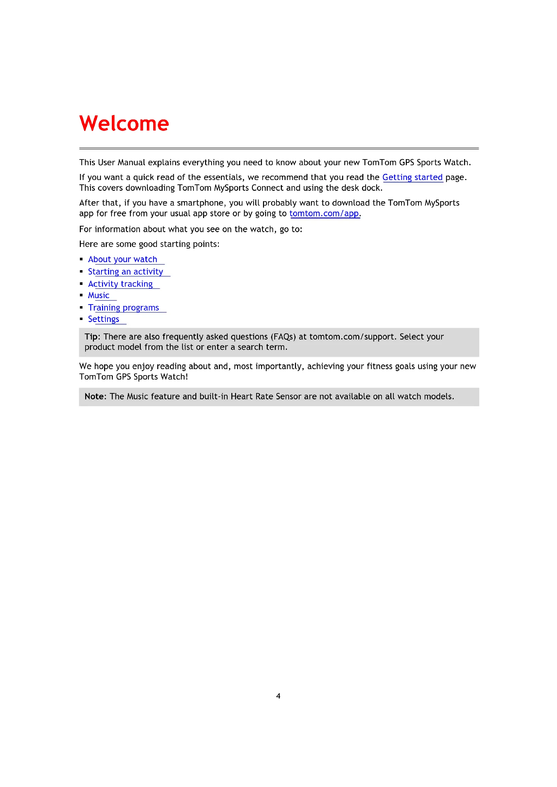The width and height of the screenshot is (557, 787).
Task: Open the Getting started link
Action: click(412, 177)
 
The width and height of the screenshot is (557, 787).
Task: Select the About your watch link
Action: click(123, 259)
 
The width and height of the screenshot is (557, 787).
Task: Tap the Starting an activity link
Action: click(125, 272)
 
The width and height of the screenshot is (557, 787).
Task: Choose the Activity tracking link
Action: click(120, 284)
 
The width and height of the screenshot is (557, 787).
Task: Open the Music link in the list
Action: click(98, 295)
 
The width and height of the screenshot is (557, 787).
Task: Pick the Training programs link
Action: click(123, 308)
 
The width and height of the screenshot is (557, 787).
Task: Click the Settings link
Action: click(103, 319)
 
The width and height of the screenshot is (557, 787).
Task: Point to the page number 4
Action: click(278, 696)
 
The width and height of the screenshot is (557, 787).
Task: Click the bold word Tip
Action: click(91, 336)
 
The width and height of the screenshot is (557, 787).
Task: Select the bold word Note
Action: click(95, 396)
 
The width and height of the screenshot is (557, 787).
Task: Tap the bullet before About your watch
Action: click(81, 259)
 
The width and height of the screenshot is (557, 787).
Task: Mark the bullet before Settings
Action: click(81, 319)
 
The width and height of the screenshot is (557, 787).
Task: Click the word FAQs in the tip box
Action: click(283, 336)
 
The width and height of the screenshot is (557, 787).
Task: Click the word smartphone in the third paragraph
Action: click(200, 203)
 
